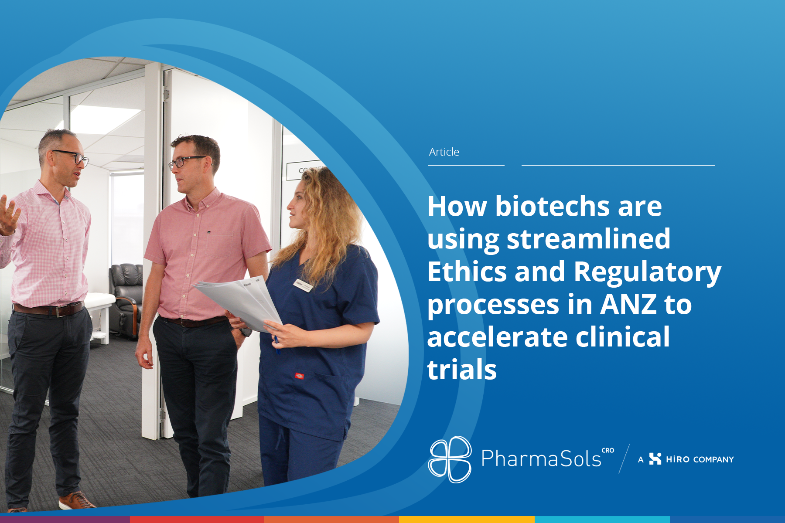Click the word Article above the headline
point(444,152)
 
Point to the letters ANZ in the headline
point(628,304)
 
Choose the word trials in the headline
point(462,370)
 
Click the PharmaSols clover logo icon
point(450,459)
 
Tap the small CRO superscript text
point(608,450)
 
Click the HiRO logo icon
point(655,459)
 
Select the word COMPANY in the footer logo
point(713,460)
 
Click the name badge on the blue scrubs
point(304,285)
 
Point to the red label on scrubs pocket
point(299,376)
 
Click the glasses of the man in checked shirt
point(72,157)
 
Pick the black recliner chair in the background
point(126,301)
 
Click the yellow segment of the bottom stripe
point(467,520)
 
